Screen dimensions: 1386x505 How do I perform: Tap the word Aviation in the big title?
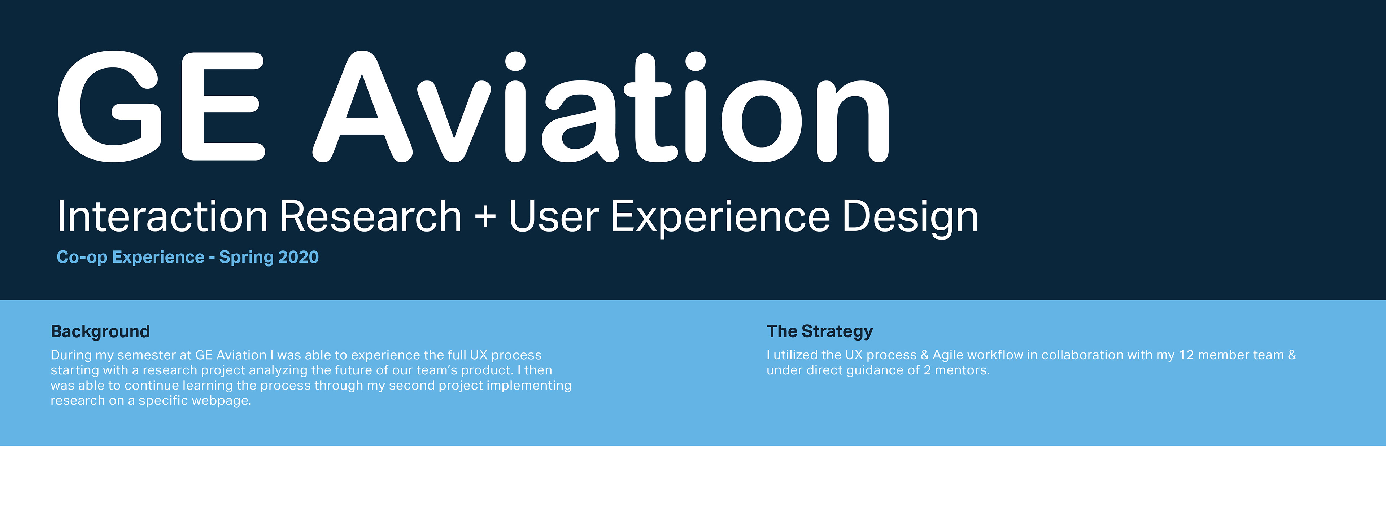point(601,106)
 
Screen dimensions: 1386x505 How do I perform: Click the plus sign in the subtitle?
point(485,217)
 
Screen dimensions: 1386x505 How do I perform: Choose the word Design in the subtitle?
point(910,217)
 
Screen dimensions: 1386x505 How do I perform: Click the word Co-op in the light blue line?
point(82,257)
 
